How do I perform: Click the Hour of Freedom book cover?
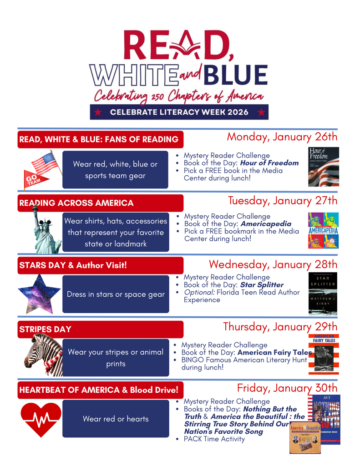324,167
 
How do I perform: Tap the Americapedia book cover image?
323,230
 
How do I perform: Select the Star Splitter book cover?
323,294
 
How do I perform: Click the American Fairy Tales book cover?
324,354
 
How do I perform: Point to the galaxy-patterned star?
39,293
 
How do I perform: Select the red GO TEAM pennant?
35,179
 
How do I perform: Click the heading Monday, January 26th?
282,137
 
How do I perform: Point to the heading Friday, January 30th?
287,388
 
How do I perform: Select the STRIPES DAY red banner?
100,329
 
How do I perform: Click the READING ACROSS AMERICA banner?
100,203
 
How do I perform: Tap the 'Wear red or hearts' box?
116,419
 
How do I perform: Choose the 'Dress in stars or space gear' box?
116,294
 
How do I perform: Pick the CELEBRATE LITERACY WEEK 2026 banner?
179,112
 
